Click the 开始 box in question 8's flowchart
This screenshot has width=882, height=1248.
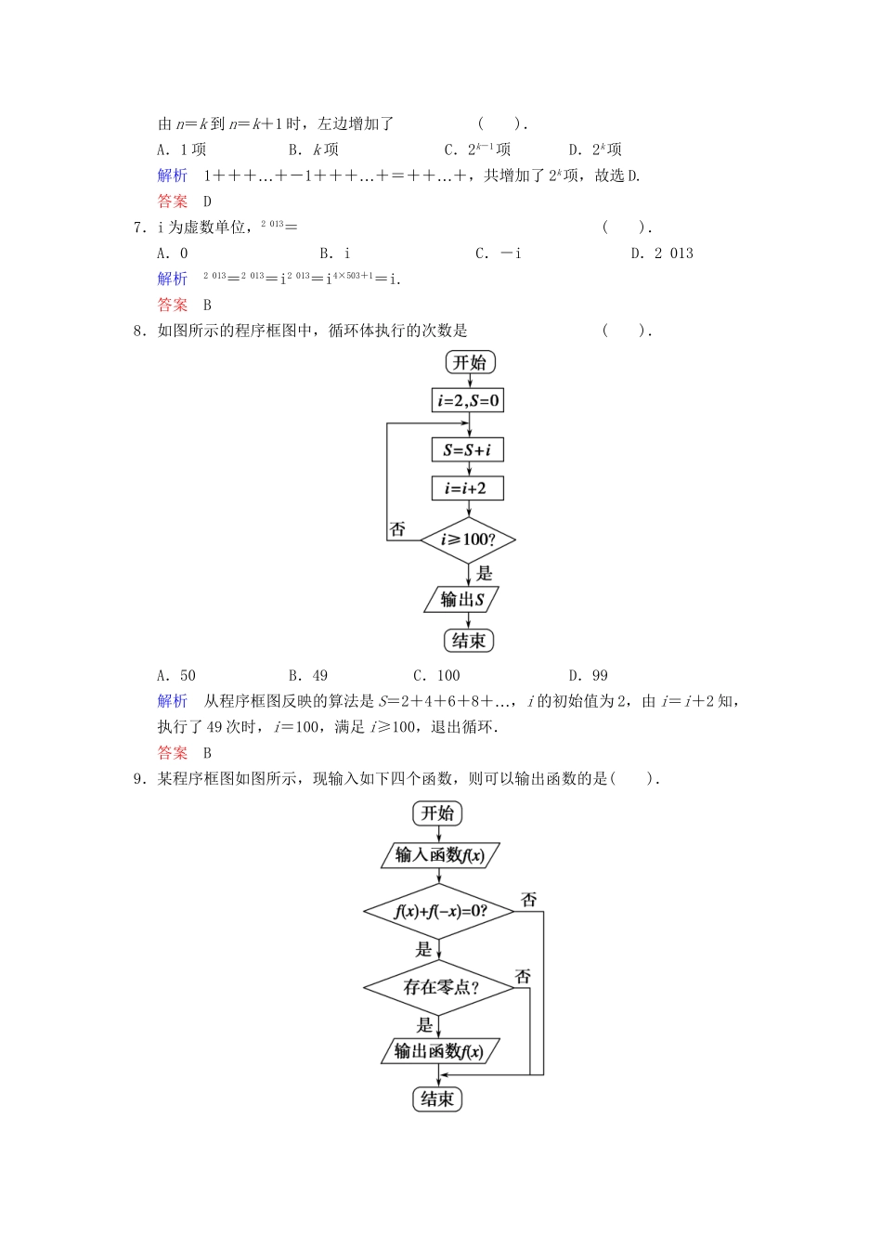469,362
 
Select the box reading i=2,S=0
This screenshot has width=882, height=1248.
469,401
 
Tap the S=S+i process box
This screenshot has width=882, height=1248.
468,450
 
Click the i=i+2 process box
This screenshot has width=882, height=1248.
468,488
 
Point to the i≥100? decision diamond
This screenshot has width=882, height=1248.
468,539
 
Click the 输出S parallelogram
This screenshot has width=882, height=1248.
462,600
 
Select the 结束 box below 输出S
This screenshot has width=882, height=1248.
469,641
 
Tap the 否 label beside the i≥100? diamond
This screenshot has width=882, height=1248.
397,529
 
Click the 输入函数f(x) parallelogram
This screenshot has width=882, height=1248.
440,855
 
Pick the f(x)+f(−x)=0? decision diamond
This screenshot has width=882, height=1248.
440,911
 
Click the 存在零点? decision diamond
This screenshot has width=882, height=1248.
440,987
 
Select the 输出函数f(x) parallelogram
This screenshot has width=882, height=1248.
439,1051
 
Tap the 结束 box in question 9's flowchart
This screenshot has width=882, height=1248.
437,1099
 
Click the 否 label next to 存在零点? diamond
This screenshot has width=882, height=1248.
523,976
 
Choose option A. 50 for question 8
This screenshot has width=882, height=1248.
176,676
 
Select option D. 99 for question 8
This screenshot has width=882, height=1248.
589,676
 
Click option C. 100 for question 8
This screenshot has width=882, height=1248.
436,676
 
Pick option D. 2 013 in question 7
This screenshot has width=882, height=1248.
662,253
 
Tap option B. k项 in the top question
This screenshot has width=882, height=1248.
314,149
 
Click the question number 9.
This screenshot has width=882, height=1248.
139,779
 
